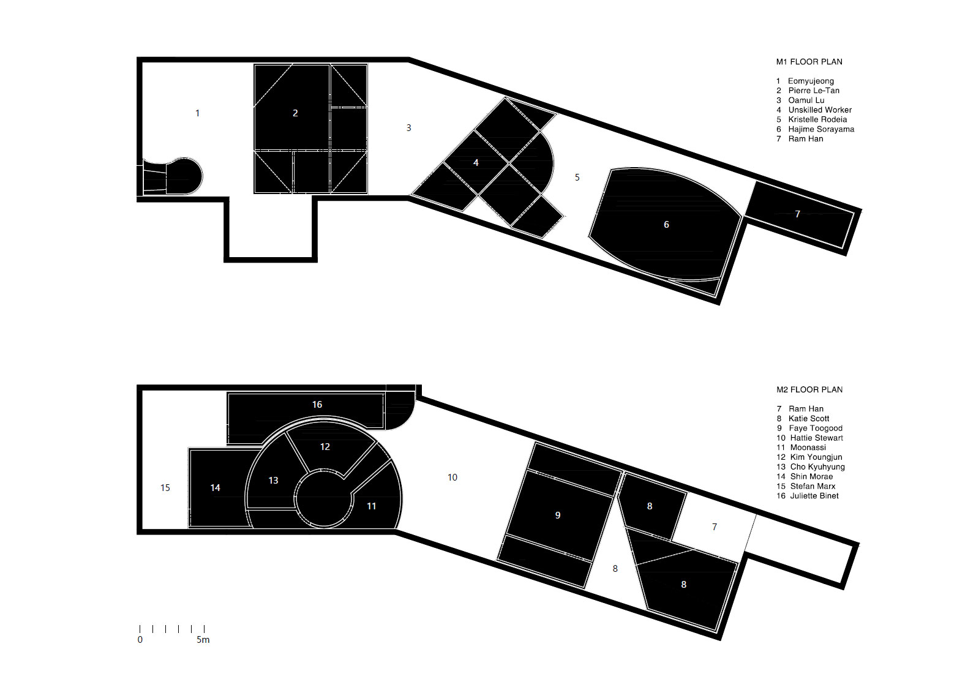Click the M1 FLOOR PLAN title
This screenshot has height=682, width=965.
tap(809, 62)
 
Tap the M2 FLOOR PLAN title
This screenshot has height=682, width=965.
tap(809, 389)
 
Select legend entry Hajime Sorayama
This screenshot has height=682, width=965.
tap(815, 129)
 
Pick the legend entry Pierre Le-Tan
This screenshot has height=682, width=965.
tap(808, 91)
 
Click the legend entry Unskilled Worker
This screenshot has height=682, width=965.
tap(814, 110)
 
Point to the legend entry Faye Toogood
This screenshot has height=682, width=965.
tap(809, 429)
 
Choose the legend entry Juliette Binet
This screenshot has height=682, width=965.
tap(807, 496)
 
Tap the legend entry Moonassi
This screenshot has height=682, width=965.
tap(801, 448)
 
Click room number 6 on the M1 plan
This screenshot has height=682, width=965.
tap(666, 225)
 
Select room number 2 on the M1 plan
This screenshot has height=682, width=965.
tap(295, 113)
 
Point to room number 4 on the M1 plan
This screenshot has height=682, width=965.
tap(476, 162)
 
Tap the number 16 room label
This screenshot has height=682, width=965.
tap(317, 405)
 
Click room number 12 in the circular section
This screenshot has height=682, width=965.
tap(325, 447)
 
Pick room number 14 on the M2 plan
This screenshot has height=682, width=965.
tap(215, 488)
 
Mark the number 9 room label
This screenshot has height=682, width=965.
tap(557, 515)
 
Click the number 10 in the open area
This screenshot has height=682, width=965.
tap(452, 478)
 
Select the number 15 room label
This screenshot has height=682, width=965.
tap(165, 488)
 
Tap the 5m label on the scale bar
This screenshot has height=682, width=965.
tap(203, 640)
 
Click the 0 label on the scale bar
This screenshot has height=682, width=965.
tap(140, 640)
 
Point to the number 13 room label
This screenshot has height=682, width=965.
tap(273, 481)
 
